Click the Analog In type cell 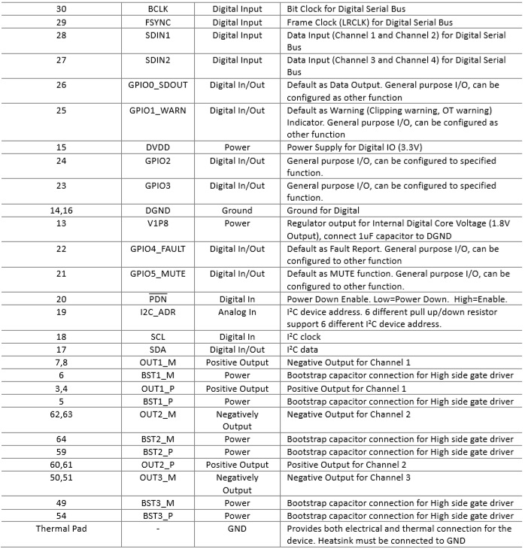click(237, 312)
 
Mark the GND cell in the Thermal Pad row click(237, 529)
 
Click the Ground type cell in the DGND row click(237, 211)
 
